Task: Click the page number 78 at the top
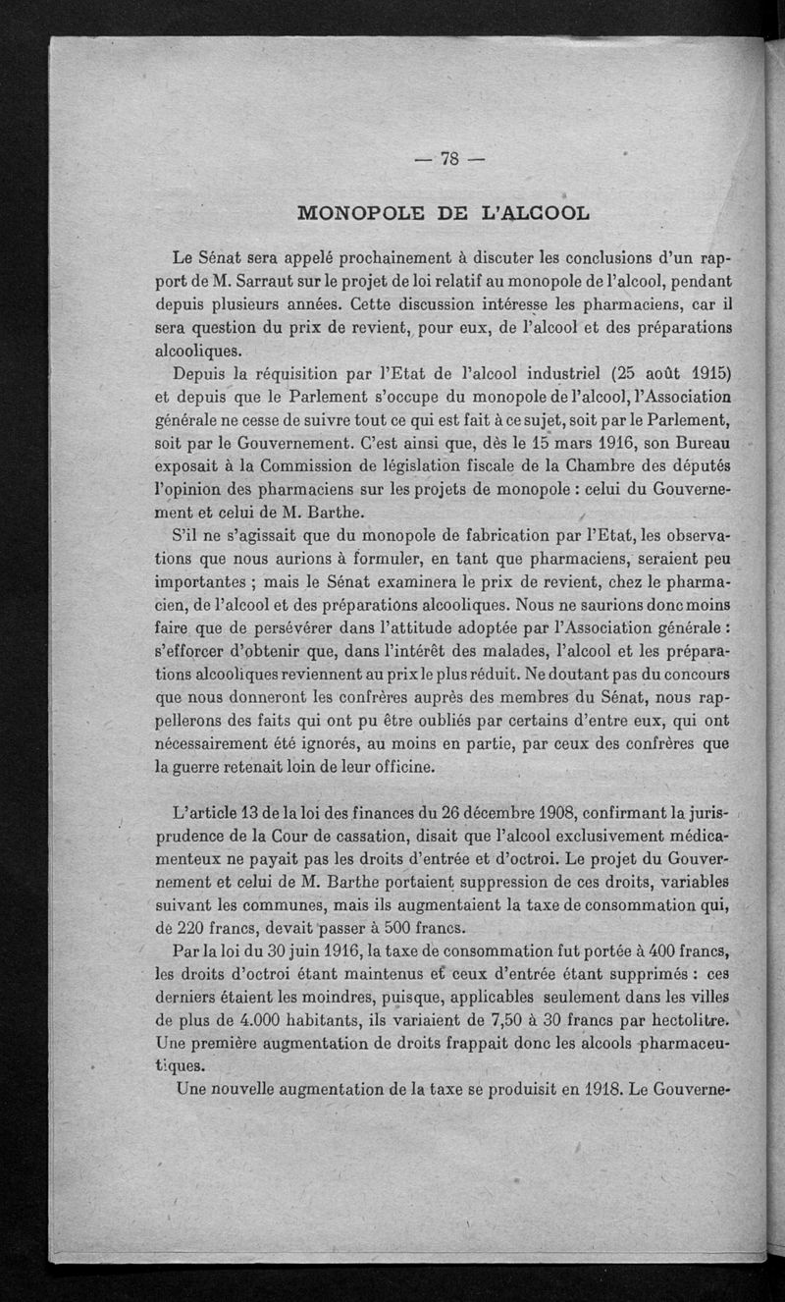tap(450, 160)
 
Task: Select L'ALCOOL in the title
tap(534, 212)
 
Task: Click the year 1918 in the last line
tap(585, 1088)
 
